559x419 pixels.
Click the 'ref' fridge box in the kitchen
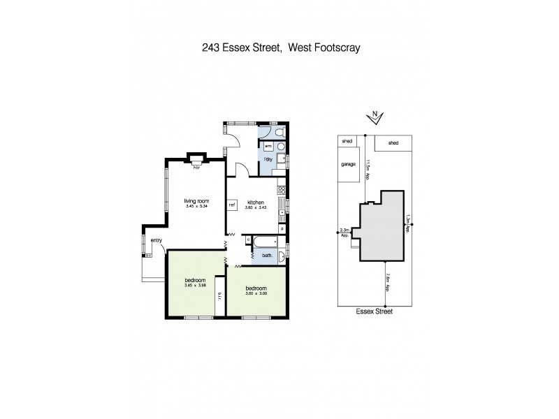tap(232, 205)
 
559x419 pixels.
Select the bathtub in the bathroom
tap(265, 241)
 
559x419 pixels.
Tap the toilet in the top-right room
tap(279, 132)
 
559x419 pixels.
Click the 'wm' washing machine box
tap(268, 145)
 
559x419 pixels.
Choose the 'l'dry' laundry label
tap(267, 160)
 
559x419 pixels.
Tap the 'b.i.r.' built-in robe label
tap(219, 296)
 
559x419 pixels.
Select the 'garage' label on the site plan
tap(349, 165)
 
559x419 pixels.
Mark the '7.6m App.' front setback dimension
tap(386, 284)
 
